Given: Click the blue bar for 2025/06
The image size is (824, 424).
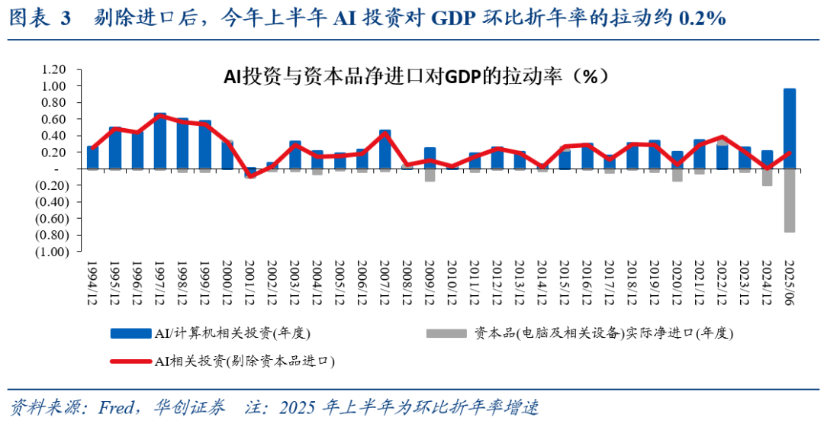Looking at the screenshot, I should (790, 128).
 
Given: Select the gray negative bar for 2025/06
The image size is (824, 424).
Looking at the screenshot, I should (790, 200).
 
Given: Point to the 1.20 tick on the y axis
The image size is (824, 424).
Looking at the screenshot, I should (56, 69).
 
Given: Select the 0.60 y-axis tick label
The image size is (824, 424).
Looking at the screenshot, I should (56, 119).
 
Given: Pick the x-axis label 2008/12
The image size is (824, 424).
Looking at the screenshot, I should (407, 282).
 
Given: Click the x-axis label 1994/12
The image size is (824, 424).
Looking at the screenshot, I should (92, 282).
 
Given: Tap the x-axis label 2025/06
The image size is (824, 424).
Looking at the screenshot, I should (790, 282).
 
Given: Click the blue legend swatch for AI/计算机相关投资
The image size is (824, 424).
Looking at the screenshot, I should (130, 333).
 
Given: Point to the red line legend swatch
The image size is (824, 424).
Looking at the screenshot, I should (130, 361).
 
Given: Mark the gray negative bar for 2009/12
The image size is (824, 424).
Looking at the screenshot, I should (430, 175).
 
